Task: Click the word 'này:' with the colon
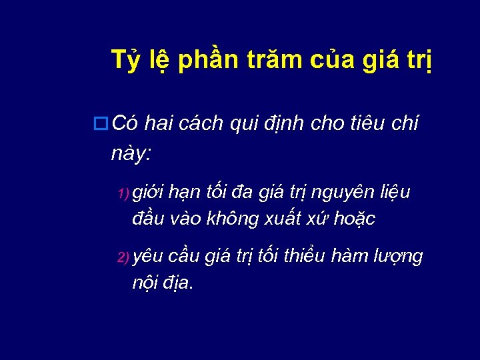pos(132,154)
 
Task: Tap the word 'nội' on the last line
pos(145,283)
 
